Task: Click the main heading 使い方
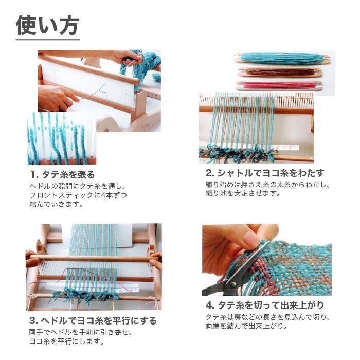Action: point(47,25)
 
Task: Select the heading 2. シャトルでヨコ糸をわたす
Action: point(265,173)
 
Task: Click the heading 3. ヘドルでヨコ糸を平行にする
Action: point(93,321)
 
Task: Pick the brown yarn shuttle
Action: point(280,73)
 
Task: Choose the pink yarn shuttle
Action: point(280,85)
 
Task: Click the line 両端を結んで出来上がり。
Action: point(247,326)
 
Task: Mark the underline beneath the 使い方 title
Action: point(47,40)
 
